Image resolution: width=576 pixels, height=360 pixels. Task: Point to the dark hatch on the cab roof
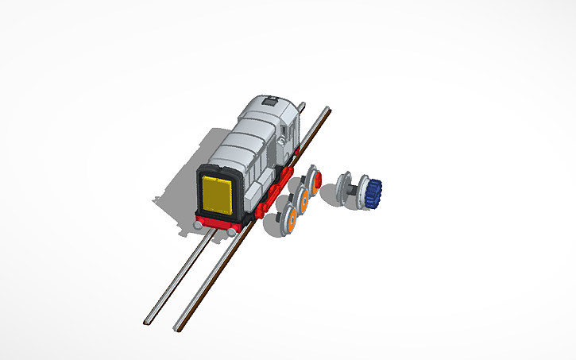tap(270, 101)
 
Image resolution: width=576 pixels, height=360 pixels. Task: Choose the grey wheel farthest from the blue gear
tap(345, 187)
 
